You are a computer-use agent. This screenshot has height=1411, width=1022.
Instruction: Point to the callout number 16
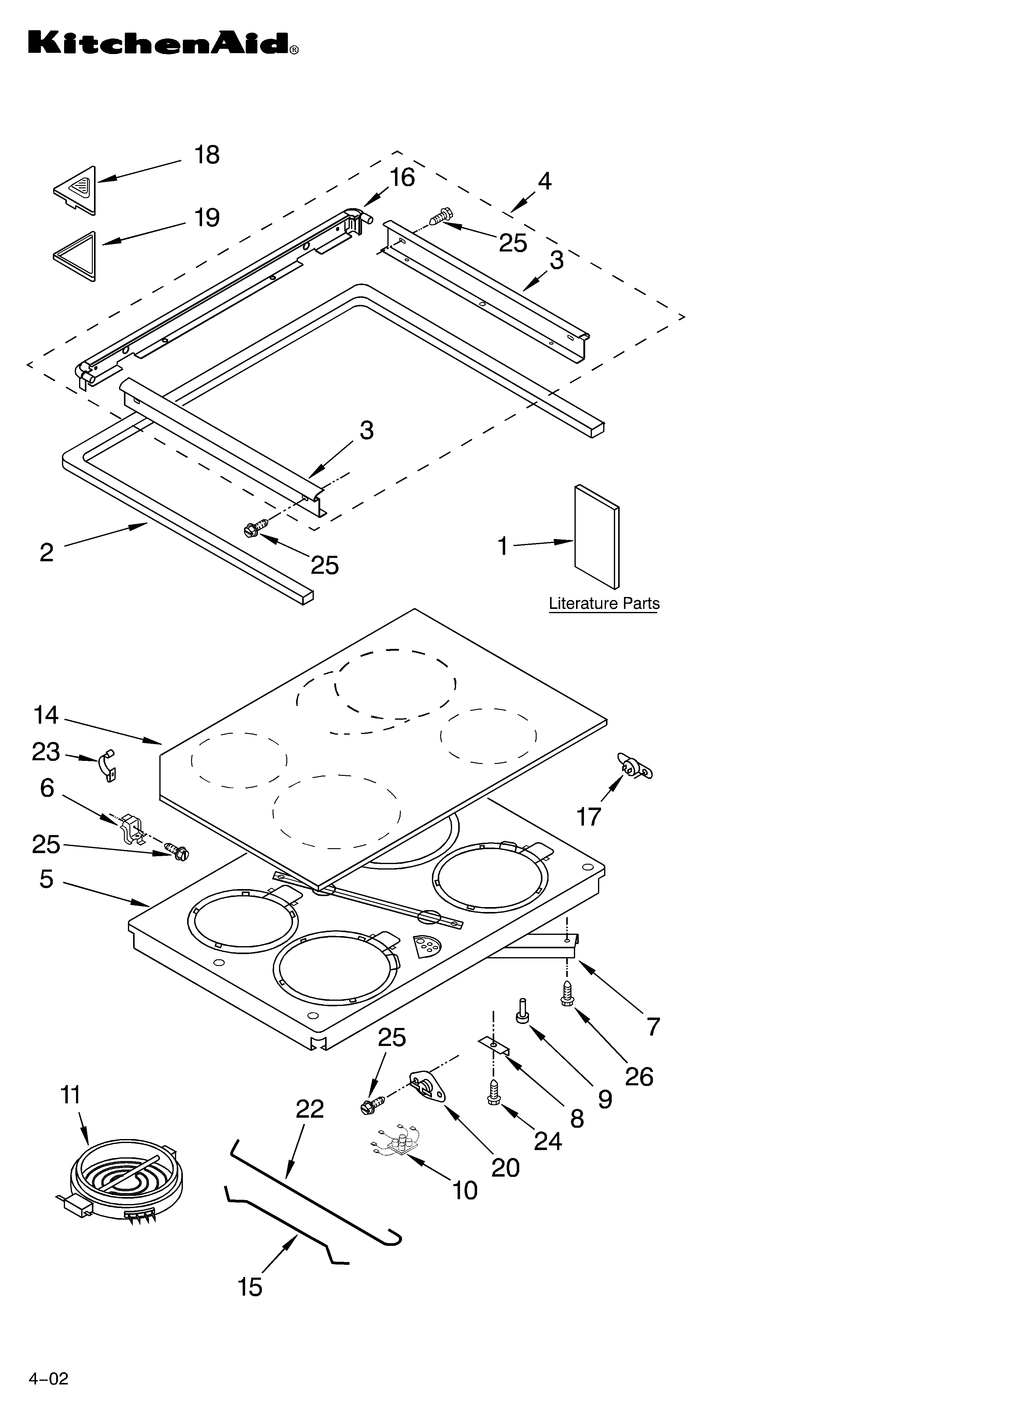[x=402, y=178]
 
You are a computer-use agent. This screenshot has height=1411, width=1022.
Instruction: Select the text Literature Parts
[x=604, y=603]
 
